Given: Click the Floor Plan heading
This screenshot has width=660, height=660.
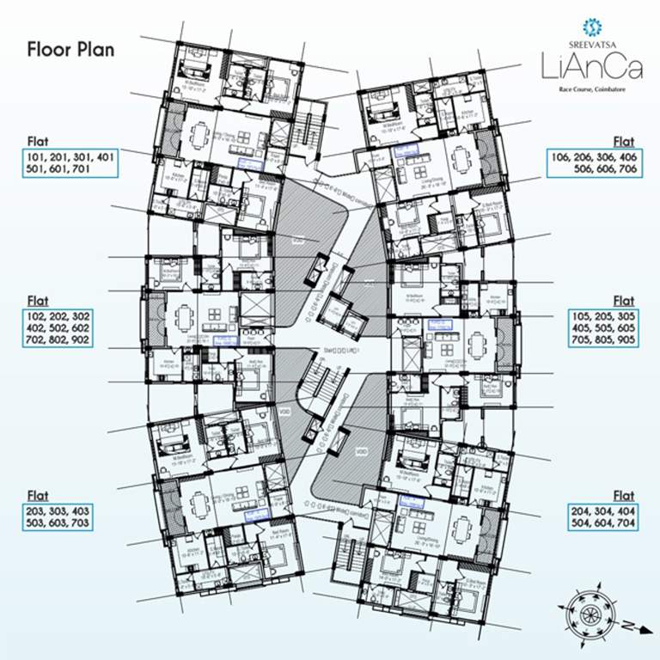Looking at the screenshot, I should [70, 48].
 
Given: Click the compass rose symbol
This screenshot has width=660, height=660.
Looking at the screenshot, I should [591, 612].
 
